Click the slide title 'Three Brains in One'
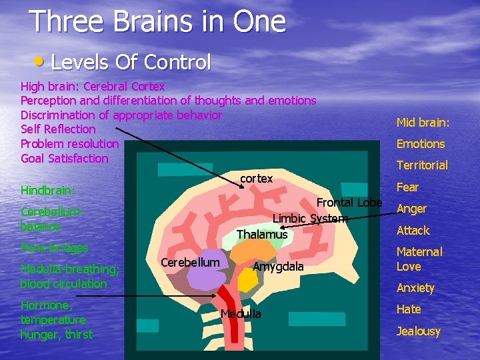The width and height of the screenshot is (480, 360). click(158, 21)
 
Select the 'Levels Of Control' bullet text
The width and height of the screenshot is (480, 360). click(131, 63)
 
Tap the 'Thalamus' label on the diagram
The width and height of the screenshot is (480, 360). click(262, 234)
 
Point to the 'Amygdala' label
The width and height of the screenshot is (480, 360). click(278, 266)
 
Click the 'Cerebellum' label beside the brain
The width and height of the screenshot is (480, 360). click(190, 262)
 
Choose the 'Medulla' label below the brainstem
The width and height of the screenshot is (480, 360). click(241, 313)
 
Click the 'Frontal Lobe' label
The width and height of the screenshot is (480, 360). click(349, 203)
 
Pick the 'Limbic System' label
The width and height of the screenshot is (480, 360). click(310, 218)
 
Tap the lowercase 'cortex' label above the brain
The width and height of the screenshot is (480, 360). click(256, 179)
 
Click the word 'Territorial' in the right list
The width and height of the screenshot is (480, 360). click(422, 165)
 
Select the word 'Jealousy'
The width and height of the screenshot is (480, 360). click(418, 331)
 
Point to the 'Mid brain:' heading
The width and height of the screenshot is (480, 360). click(423, 122)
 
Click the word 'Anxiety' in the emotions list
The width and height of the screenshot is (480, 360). click(415, 288)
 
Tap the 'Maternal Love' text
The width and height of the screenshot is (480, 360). click(419, 259)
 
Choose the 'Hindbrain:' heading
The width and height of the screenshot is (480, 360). click(48, 190)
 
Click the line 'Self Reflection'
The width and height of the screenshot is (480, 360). click(58, 129)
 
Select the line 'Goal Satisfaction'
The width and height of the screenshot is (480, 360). click(64, 158)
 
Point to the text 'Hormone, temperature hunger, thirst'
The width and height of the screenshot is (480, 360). click(57, 319)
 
